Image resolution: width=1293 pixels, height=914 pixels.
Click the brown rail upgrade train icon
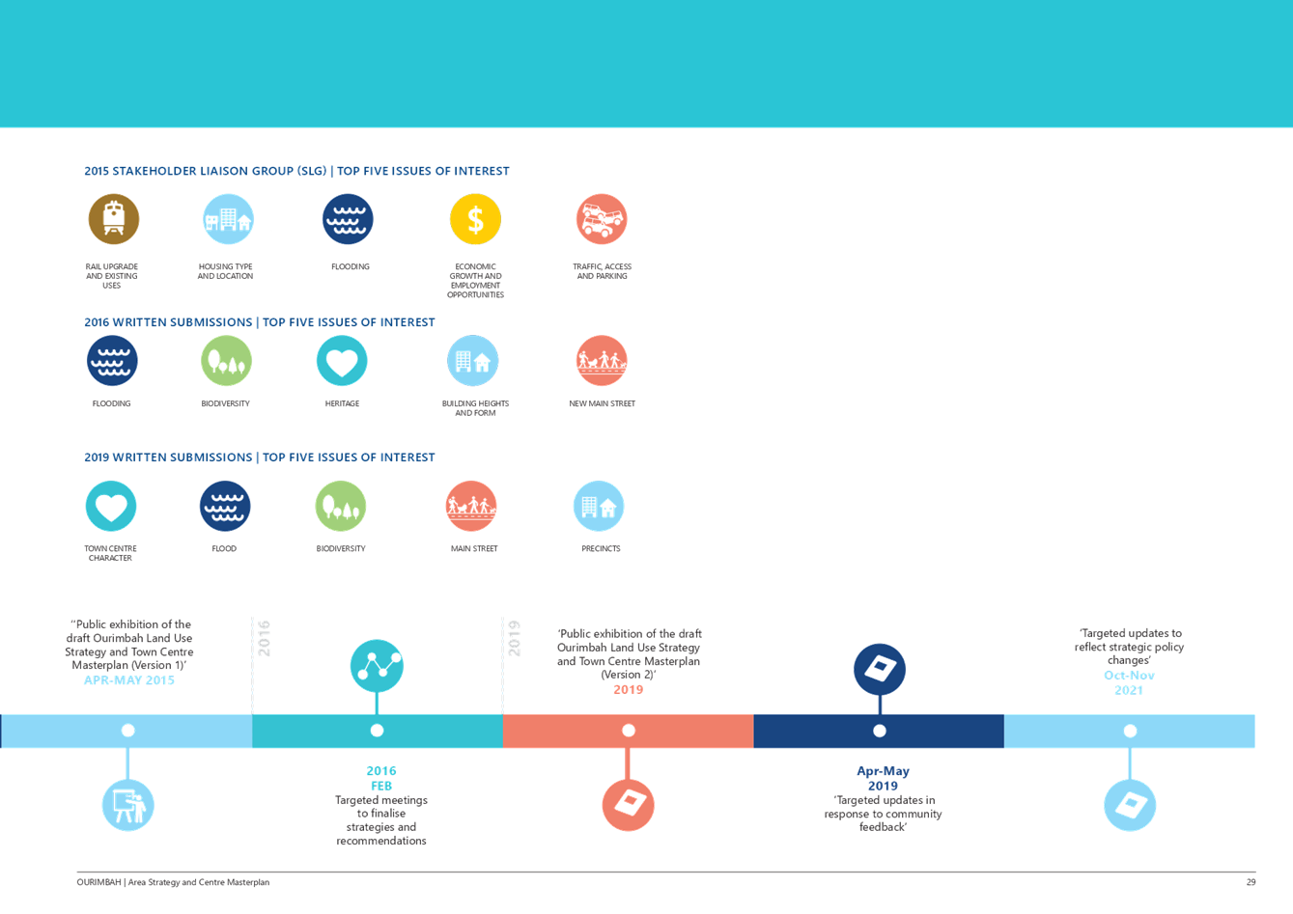point(114,219)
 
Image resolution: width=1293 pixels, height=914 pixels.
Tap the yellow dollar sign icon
point(475,219)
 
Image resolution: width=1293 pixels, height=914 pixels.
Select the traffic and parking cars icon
point(601,219)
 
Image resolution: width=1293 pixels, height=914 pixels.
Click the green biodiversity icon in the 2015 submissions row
point(226,361)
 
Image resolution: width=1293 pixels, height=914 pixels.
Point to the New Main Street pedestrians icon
point(601,361)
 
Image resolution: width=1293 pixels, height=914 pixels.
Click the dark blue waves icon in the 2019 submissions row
point(225,506)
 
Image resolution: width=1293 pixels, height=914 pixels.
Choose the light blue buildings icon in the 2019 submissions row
point(599,506)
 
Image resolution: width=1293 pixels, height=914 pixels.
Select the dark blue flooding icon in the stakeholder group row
point(348,219)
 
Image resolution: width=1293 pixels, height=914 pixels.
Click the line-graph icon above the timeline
point(377,665)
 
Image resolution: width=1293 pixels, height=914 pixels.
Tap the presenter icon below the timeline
point(127,805)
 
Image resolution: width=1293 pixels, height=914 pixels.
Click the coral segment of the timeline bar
point(628,731)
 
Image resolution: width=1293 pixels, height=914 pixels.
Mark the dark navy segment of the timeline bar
point(879,731)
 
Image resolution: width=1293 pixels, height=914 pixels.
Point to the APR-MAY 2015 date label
point(129,680)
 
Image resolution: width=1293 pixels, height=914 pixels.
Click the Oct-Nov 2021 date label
point(1129,682)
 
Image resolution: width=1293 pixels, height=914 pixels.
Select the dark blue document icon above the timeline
point(880,669)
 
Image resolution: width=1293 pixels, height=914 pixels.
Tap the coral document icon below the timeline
point(628,805)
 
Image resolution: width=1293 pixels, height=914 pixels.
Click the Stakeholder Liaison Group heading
point(296,171)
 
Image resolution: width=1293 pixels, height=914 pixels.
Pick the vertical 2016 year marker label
point(265,639)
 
